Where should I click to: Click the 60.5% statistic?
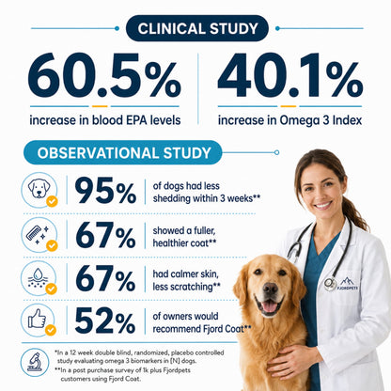click(104, 75)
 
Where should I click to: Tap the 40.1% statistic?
click(290, 75)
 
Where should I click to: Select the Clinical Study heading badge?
click(197, 28)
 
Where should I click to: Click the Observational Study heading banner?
click(123, 152)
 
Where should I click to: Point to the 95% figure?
click(105, 190)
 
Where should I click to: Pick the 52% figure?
click(105, 320)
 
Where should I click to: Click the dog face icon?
click(39, 188)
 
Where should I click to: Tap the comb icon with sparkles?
click(38, 234)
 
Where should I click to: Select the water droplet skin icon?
click(38, 277)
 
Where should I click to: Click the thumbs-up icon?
click(37, 319)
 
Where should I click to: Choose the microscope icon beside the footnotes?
click(34, 362)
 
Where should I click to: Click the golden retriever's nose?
click(271, 289)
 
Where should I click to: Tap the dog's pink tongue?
click(270, 306)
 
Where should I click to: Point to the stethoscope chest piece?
click(330, 284)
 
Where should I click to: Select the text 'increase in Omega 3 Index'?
click(289, 120)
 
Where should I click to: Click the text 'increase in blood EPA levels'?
click(105, 120)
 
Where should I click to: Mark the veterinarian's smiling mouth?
click(322, 206)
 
